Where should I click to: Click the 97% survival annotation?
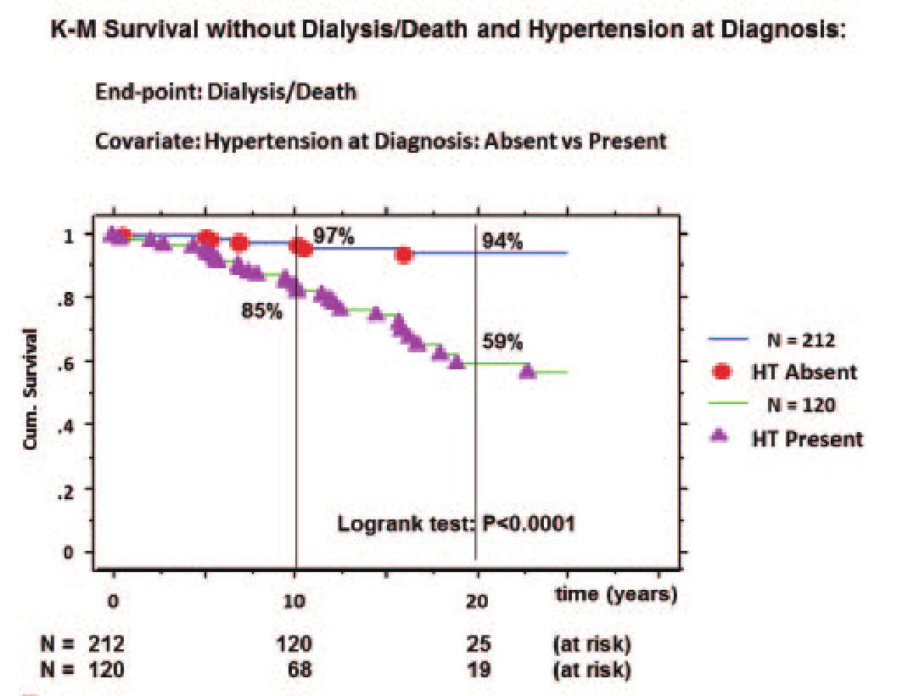click(x=333, y=236)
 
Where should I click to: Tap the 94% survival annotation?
click(x=503, y=242)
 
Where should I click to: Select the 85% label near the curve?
click(x=261, y=312)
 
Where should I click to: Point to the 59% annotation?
click(x=503, y=343)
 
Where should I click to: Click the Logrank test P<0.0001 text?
click(x=456, y=523)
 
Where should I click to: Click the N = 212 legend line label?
click(x=801, y=340)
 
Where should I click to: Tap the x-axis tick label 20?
click(x=477, y=600)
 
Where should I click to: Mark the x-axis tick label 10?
click(x=294, y=600)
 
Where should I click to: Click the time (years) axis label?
click(x=616, y=594)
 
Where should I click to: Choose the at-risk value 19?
click(x=477, y=670)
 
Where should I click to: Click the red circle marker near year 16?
click(x=405, y=255)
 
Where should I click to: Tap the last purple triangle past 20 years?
click(x=527, y=371)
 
